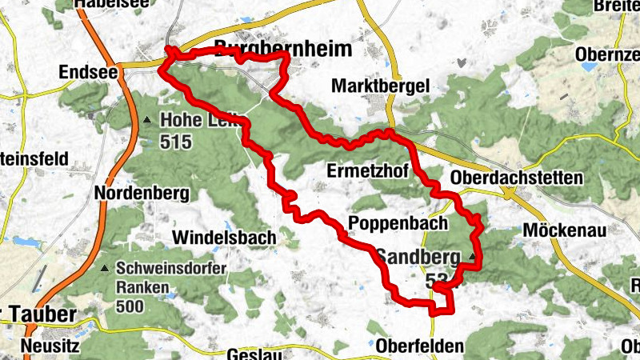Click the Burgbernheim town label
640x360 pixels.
tap(283, 50)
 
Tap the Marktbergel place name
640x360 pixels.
tap(382, 86)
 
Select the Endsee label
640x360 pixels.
tap(89, 72)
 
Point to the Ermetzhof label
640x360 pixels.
tap(368, 170)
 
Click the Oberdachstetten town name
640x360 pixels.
tap(517, 177)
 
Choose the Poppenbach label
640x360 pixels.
tap(398, 223)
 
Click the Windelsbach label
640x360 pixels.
tap(225, 237)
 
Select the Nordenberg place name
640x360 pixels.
tap(141, 194)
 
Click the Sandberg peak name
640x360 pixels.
tap(417, 258)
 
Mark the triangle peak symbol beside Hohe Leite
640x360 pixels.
tap(146, 121)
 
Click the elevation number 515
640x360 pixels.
tap(176, 142)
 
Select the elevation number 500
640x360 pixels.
tap(130, 306)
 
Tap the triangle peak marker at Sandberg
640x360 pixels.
tap(473, 258)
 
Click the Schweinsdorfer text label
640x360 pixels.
tap(171, 269)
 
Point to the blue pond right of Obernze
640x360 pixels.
tap(590, 67)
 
